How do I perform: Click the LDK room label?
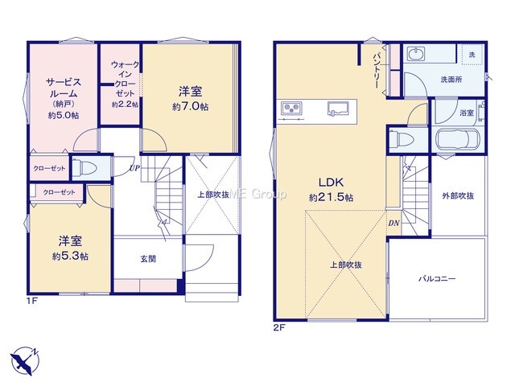tap(331, 183)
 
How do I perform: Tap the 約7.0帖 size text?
tap(191, 107)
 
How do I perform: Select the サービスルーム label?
tap(64, 88)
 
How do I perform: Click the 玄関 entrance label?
tap(148, 259)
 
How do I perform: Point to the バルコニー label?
tap(437, 279)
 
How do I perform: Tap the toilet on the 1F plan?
tap(84, 168)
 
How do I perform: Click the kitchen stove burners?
tap(291, 108)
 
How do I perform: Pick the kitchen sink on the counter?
tap(338, 109)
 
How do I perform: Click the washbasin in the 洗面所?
tap(416, 54)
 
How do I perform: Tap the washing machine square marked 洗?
tap(472, 55)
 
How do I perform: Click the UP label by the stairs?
tap(134, 168)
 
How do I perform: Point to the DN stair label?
tap(393, 224)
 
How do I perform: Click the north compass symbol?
tap(25, 360)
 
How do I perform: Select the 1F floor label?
tap(32, 300)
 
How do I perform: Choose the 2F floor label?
tap(279, 327)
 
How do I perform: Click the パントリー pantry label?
tap(377, 70)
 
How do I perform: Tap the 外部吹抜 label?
tap(458, 196)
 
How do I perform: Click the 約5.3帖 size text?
tap(70, 257)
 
